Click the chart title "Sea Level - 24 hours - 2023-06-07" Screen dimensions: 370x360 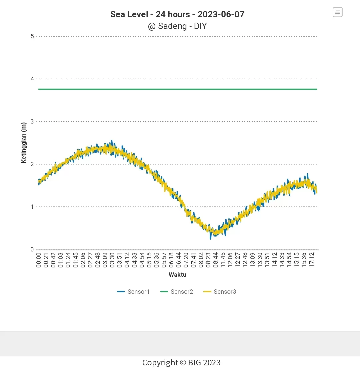[x=177, y=15]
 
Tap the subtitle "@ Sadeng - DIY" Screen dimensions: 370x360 [x=177, y=26]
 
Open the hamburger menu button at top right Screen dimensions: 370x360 [x=337, y=12]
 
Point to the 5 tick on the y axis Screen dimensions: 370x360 [x=32, y=36]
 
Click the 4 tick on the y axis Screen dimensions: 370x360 [x=32, y=79]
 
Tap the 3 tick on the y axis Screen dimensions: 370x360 [x=32, y=122]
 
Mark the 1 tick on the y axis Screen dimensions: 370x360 [x=32, y=207]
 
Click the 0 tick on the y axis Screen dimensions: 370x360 [x=32, y=249]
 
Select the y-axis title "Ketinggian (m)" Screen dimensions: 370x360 [x=23, y=143]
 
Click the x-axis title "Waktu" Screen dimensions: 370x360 [x=177, y=275]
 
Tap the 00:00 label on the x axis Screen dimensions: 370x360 [x=39, y=260]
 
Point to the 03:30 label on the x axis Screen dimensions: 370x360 [x=112, y=260]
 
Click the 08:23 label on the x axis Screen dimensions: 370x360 [x=208, y=260]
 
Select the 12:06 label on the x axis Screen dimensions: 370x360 [x=230, y=260]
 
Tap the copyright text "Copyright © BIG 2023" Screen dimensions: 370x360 [x=181, y=362]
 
